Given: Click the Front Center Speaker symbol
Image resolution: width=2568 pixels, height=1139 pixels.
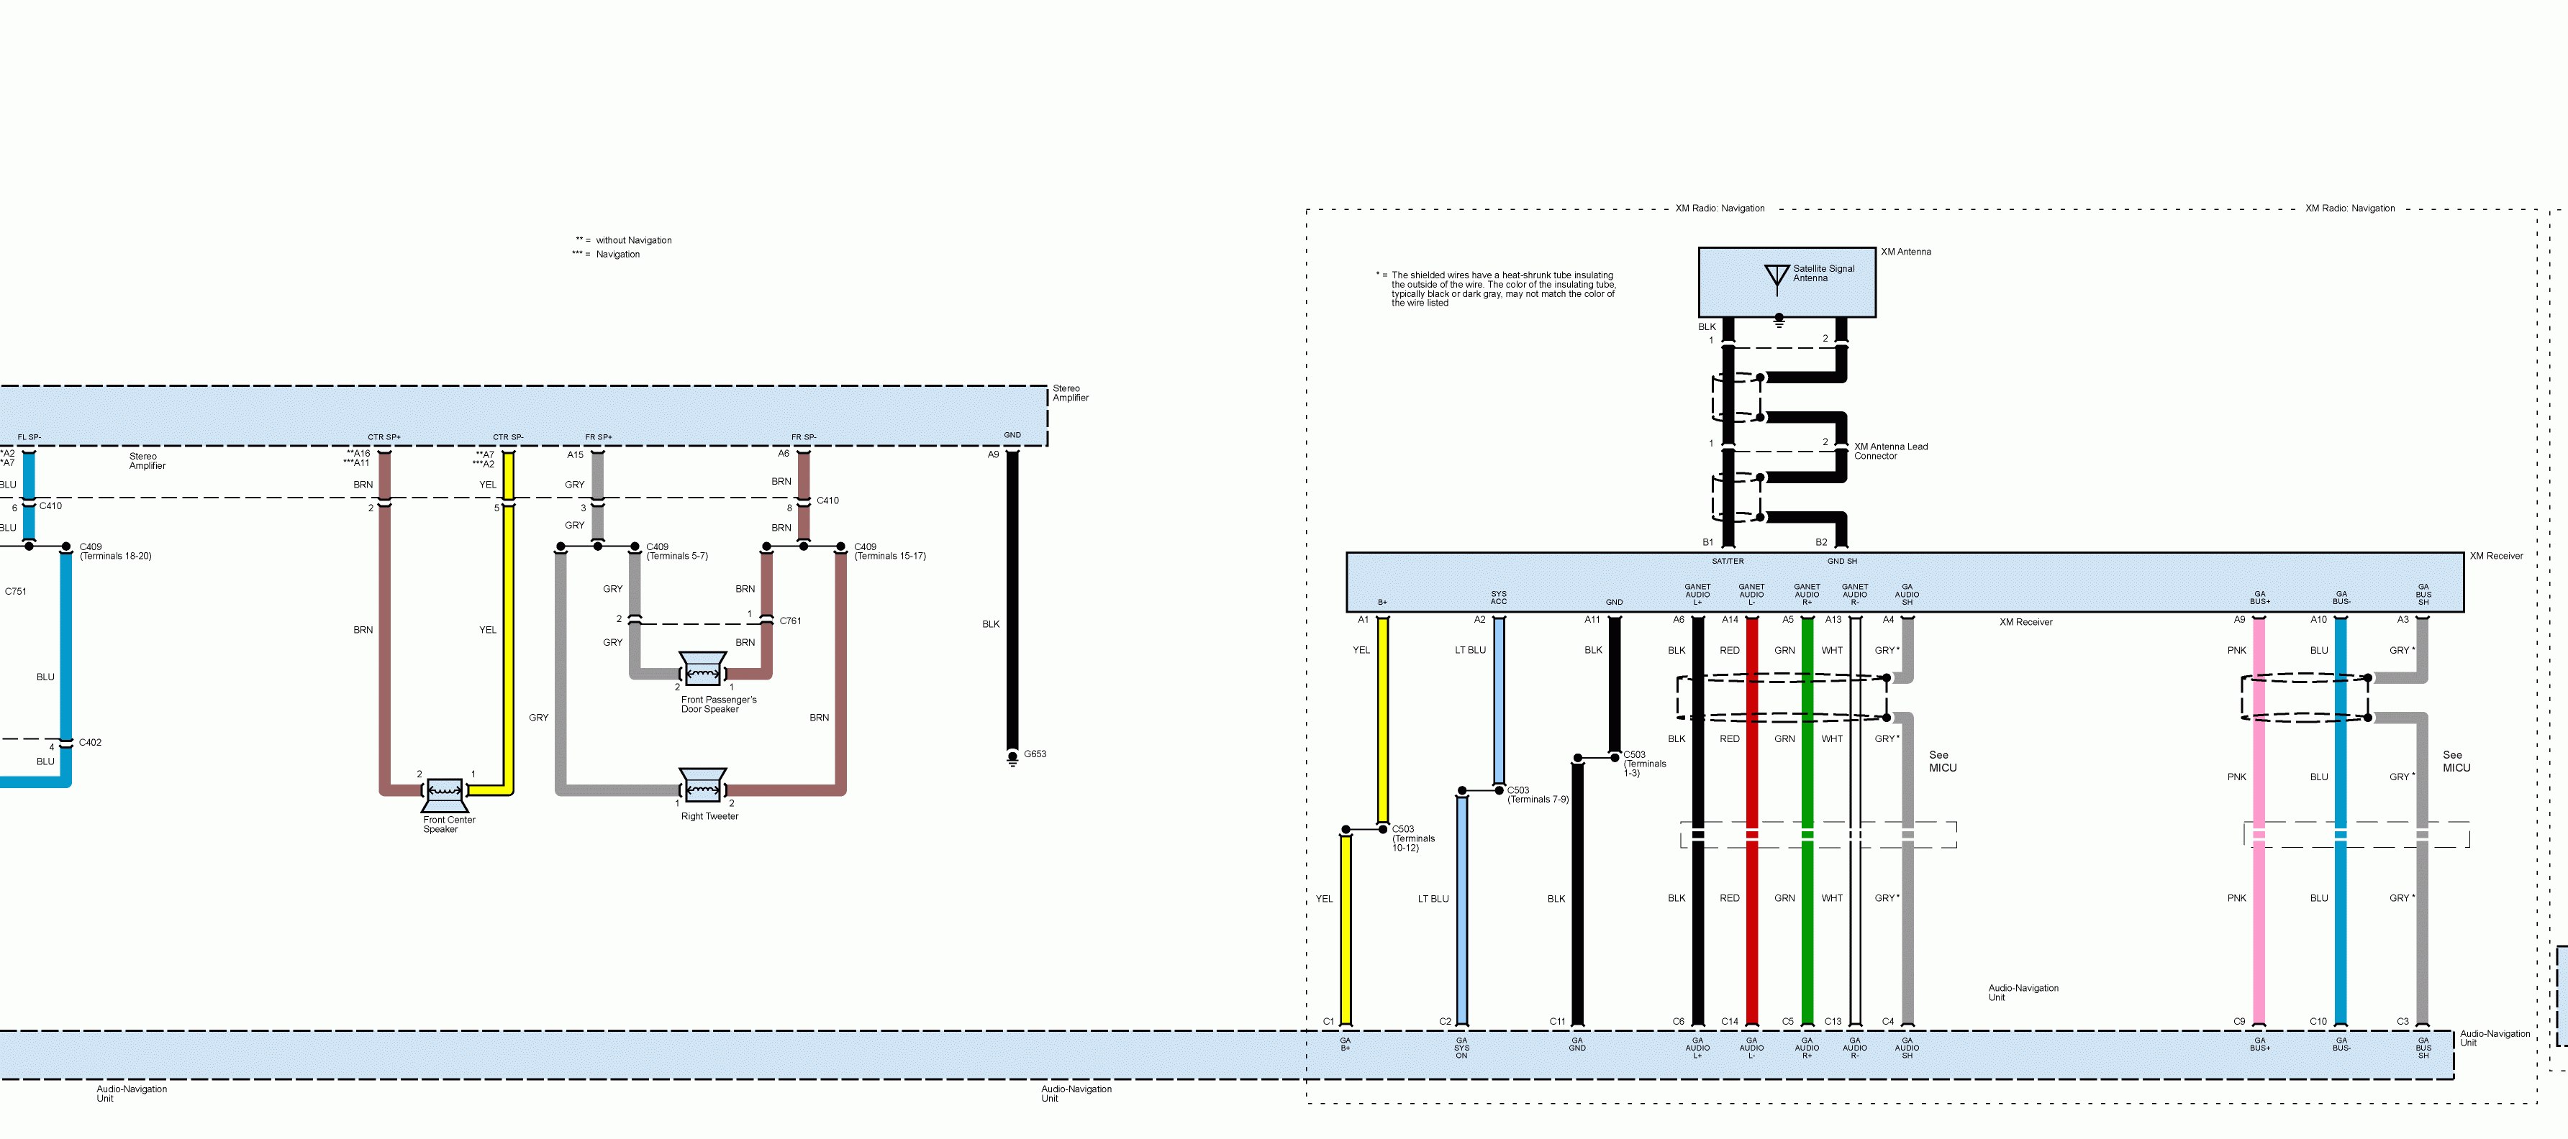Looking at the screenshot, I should pos(445,793).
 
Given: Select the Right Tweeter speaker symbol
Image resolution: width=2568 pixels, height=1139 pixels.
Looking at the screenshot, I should pos(703,785).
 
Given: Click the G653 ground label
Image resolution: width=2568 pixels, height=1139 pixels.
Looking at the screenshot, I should pos(1035,754).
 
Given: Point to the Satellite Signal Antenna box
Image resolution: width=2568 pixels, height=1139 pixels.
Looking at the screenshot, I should pos(1787,282).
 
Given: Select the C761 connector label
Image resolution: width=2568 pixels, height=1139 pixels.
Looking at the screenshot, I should pos(791,621).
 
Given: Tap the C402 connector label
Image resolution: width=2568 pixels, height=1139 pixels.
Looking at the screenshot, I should pos(90,742).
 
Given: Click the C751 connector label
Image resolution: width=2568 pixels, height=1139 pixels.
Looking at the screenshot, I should pos(16,592).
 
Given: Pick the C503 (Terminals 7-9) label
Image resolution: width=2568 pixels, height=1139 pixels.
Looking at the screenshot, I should pos(1537,795).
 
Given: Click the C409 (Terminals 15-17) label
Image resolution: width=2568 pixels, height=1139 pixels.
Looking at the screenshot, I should pos(889,551).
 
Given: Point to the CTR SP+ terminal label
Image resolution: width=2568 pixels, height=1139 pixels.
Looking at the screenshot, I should pos(384,437).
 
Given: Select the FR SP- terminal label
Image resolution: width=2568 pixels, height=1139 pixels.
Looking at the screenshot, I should pos(804,437).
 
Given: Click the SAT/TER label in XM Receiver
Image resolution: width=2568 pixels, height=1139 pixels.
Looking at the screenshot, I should pos(1728,561).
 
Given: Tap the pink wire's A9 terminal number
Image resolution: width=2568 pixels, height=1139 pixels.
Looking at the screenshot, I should pos(2239,620).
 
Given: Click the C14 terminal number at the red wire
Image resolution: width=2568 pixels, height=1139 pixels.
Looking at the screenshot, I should pos(1730,1021).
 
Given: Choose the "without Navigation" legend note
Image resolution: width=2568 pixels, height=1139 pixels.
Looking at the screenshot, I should pos(633,240).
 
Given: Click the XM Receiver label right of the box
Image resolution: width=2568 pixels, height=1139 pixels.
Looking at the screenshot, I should pos(2496,556).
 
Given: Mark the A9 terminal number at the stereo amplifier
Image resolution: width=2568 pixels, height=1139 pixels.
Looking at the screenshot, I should pos(993,454).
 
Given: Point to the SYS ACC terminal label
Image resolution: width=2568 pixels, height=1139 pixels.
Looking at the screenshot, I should pos(1498,598).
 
